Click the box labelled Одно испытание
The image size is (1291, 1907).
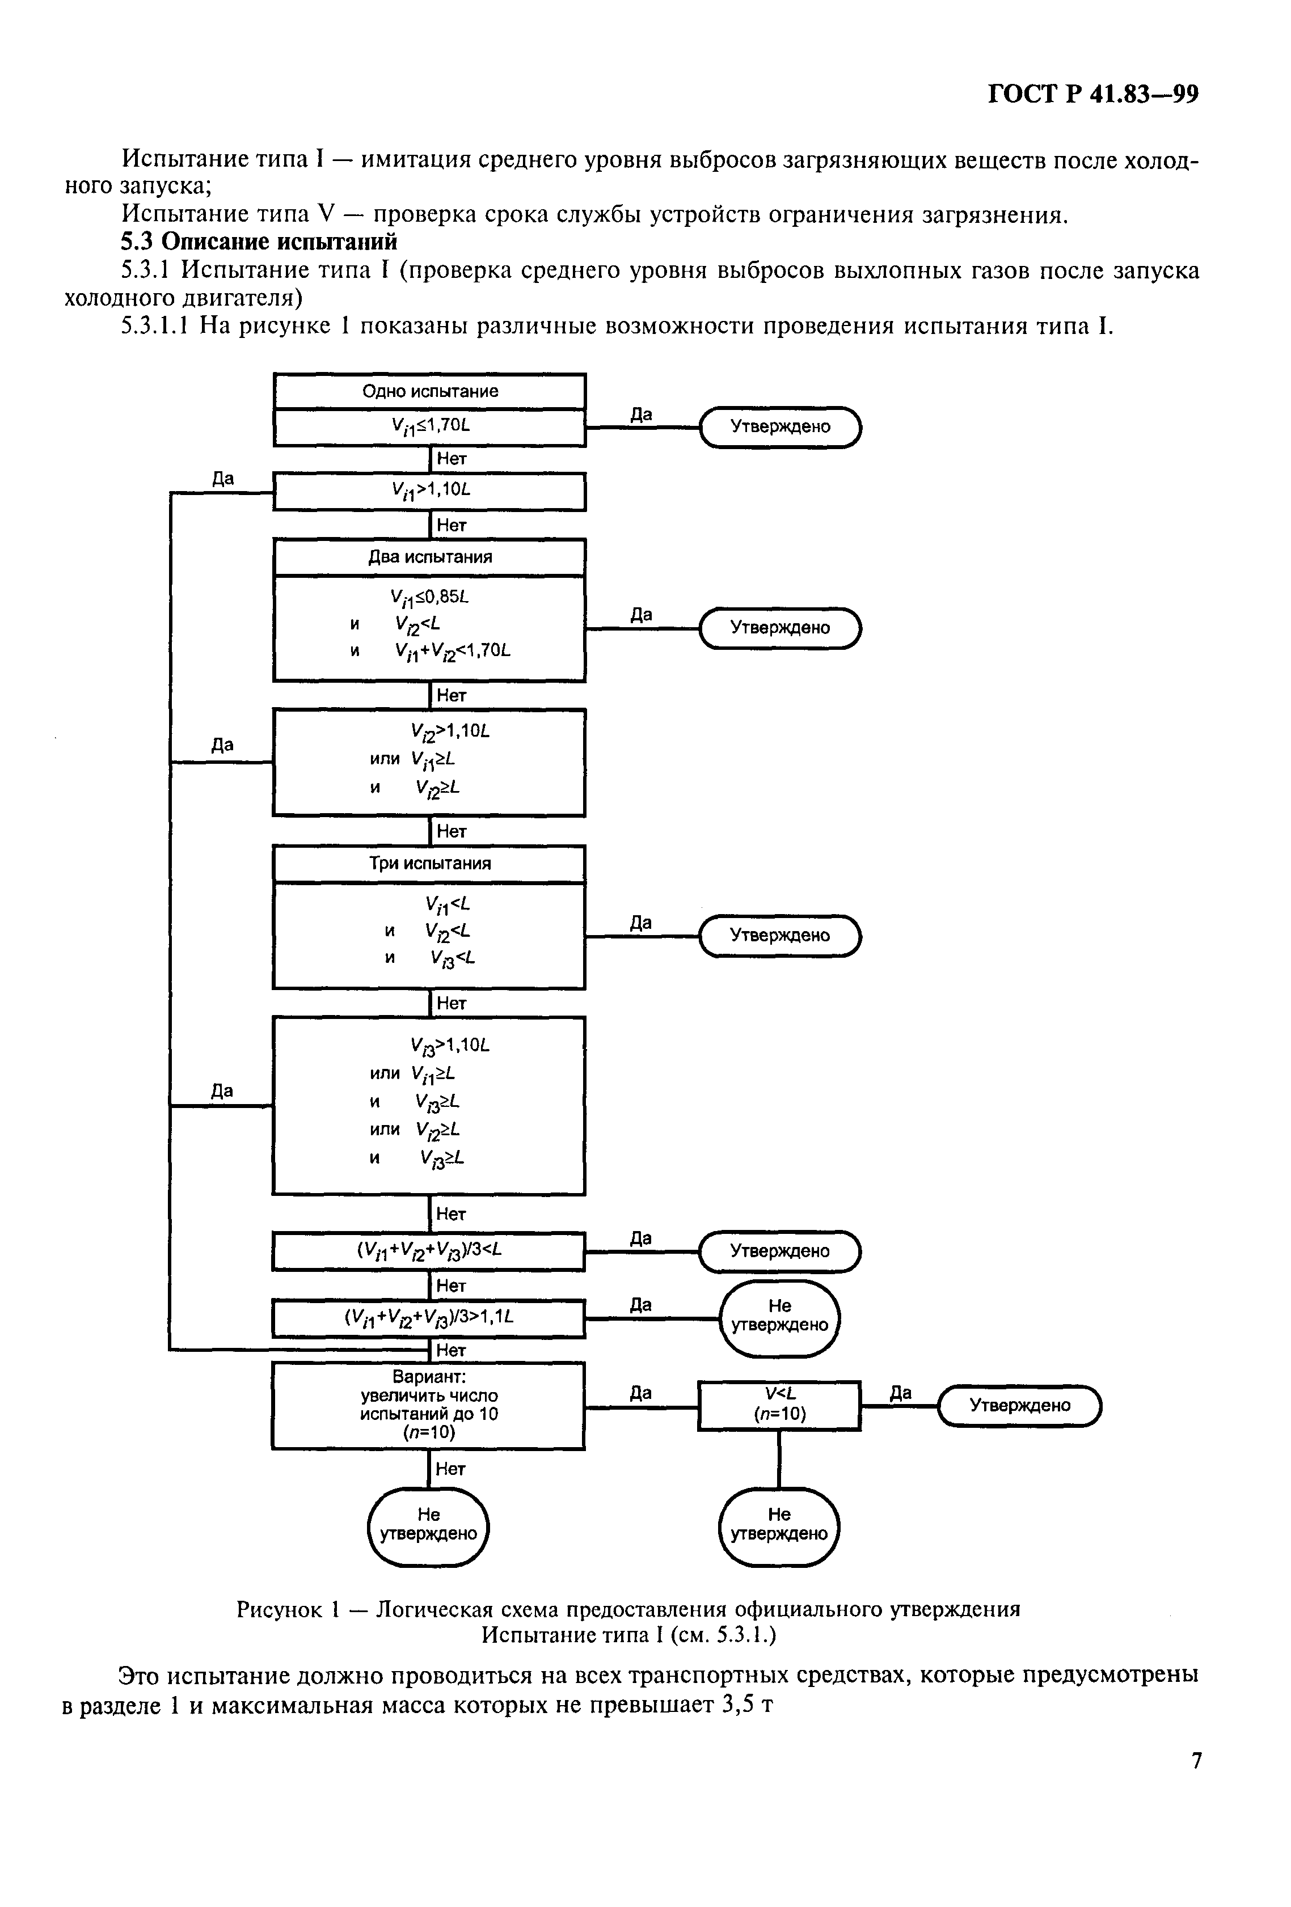click(429, 391)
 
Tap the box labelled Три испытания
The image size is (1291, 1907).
click(429, 863)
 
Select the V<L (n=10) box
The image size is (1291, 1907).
click(779, 1405)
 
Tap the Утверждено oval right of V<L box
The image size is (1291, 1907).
click(1019, 1405)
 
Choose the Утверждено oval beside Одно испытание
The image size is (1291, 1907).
click(780, 426)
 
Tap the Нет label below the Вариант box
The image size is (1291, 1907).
click(450, 1469)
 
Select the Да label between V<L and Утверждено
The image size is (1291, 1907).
click(900, 1393)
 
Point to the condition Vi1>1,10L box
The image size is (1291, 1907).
click(429, 491)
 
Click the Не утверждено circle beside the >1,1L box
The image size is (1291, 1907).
click(779, 1316)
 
